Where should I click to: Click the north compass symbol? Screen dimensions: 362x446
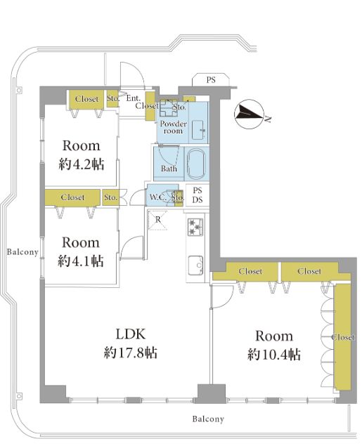coord(250,114)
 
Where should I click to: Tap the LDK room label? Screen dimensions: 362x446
coord(131,334)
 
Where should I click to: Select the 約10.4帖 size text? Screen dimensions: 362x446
coord(273,355)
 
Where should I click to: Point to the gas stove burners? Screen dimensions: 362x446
coord(195,227)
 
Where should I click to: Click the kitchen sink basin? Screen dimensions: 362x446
coord(195,265)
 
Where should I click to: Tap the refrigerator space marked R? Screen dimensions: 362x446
coord(157,220)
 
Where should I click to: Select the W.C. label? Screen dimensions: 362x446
coord(158,197)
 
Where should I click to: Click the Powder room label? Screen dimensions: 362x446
coord(173,127)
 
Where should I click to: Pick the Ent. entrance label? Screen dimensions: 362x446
coord(133,98)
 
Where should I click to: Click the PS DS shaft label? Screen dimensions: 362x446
coord(198,195)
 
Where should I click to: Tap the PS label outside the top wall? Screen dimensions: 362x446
coord(211,80)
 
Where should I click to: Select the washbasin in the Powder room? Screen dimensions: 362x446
coord(198,130)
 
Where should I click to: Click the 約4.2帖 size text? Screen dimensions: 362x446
coord(82,164)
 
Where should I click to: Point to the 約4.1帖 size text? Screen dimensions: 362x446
coord(81,261)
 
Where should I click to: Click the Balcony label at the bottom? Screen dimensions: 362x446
coord(208,419)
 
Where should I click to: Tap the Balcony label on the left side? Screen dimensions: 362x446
coord(22,251)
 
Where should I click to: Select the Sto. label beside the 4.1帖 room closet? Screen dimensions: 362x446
coord(110,197)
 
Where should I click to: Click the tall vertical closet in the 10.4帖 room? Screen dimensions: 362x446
coord(342,336)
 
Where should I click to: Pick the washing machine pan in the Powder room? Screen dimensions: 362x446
coord(169,108)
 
